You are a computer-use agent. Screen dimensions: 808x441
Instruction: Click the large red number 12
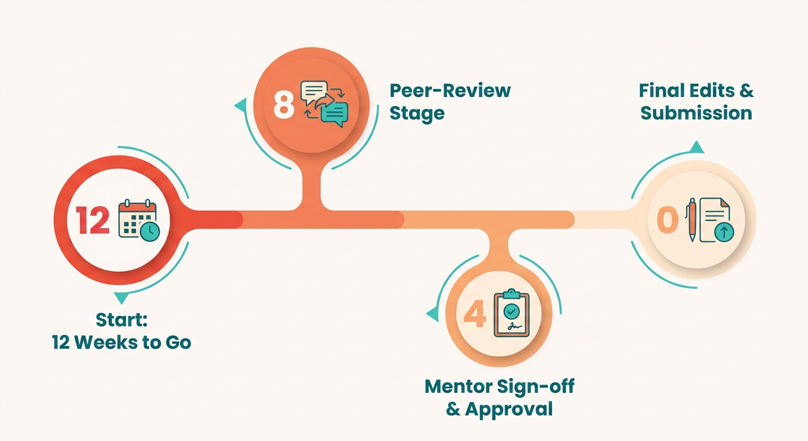click(92, 220)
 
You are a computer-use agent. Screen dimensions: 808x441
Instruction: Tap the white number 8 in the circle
click(284, 105)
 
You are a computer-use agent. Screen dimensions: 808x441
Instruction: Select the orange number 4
click(475, 314)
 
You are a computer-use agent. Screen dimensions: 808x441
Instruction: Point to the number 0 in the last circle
click(667, 219)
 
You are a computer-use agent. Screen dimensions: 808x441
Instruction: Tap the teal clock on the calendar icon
click(150, 231)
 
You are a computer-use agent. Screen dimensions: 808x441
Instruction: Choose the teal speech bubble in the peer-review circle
click(335, 114)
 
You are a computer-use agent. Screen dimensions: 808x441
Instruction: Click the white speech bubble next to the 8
click(314, 92)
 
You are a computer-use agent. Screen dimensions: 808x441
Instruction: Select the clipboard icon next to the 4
click(511, 313)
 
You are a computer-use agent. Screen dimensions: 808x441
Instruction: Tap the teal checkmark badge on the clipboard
click(511, 311)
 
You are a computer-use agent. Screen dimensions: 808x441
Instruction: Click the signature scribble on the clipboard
click(514, 326)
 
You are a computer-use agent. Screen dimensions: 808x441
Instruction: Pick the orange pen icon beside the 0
click(692, 219)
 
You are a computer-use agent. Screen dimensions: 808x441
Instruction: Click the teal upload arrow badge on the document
click(724, 232)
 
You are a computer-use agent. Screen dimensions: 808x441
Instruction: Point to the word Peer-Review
click(450, 90)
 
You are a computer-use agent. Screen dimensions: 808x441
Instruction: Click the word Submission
click(696, 113)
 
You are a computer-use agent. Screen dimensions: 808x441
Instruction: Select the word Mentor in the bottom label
click(459, 386)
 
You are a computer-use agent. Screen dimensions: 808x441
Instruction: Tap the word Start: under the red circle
click(122, 320)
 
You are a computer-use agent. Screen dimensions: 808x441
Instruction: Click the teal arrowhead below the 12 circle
click(121, 297)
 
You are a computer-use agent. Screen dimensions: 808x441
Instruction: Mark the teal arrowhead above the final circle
click(697, 147)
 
